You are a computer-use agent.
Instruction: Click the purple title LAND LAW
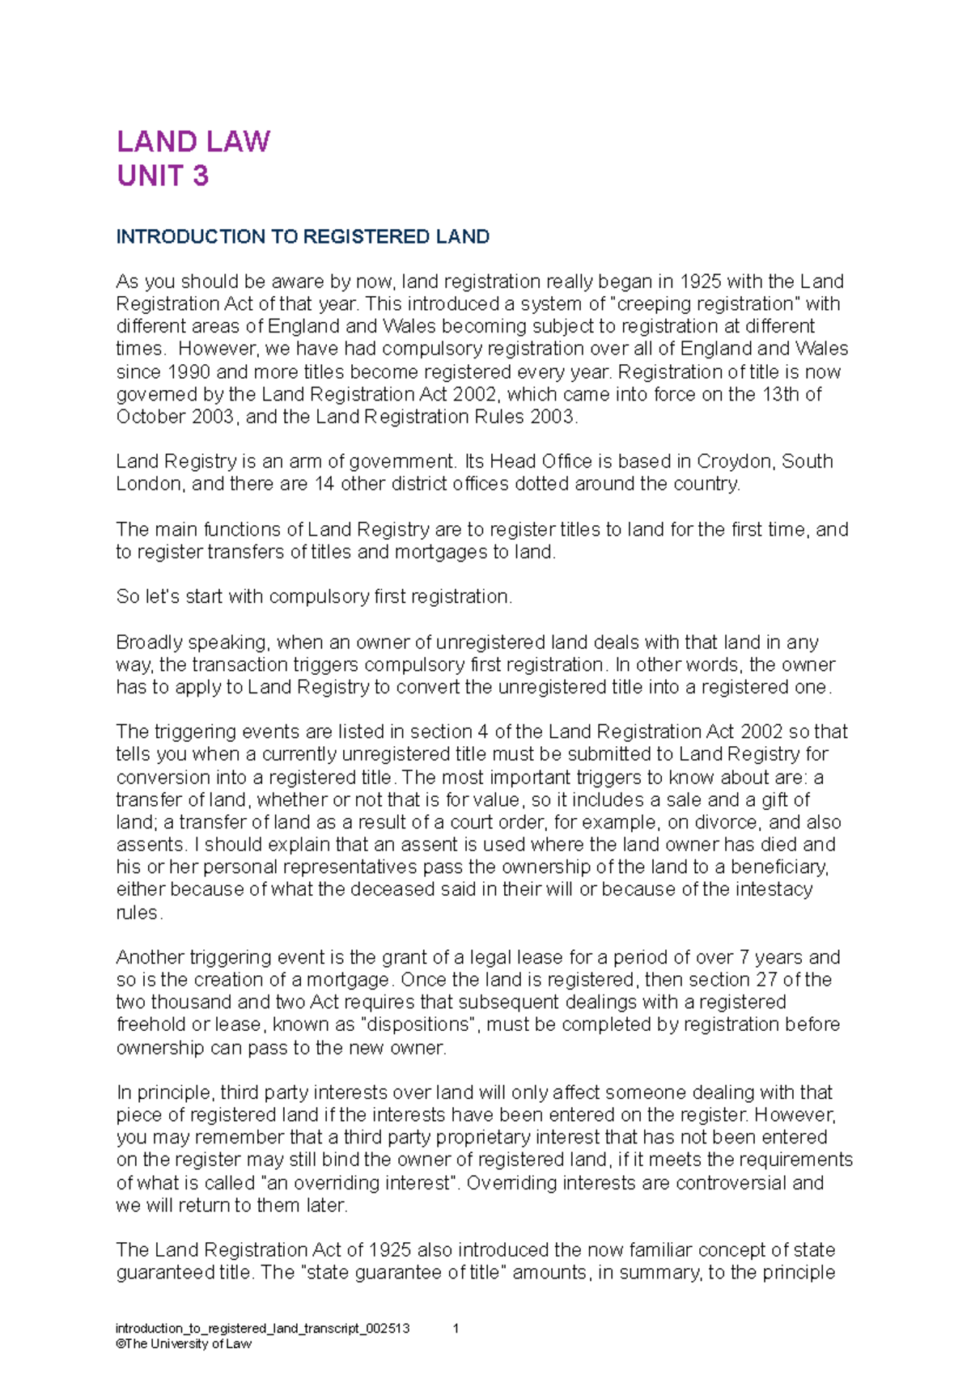click(x=193, y=142)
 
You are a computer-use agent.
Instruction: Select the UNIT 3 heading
click(x=163, y=176)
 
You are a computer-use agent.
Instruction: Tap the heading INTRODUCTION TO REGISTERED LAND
click(x=303, y=237)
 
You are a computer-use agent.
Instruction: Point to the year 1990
click(x=189, y=372)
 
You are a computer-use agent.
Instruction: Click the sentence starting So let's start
click(x=314, y=597)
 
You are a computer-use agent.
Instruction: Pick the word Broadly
click(x=150, y=642)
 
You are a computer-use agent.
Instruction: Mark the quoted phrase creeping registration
click(x=705, y=304)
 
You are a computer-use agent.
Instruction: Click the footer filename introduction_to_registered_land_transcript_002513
click(x=263, y=1328)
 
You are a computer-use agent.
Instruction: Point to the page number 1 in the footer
click(x=456, y=1328)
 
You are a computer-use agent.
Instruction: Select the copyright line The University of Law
click(x=184, y=1343)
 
